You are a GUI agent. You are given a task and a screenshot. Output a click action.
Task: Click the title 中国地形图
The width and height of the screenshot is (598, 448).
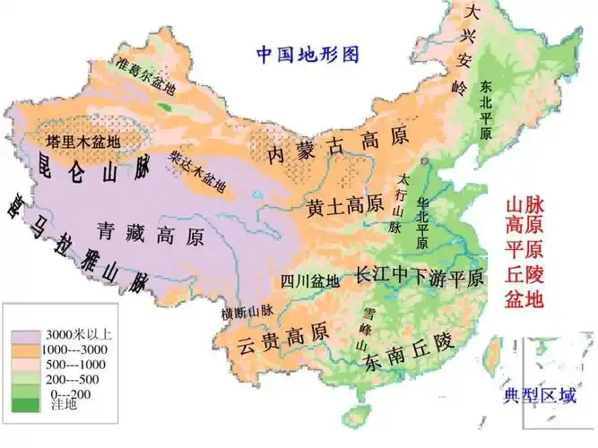coord(308,55)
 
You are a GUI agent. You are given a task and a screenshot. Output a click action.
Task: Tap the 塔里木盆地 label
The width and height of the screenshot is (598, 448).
coord(82,142)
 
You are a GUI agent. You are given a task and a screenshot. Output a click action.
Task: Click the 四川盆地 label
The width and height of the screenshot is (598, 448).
coord(310,280)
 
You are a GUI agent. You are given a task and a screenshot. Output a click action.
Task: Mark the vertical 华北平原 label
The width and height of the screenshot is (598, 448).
coord(420,221)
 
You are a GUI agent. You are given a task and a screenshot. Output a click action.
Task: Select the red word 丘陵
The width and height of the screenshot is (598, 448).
coord(525,272)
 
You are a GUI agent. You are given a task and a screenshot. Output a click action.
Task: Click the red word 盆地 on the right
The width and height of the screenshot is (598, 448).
coord(525,299)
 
